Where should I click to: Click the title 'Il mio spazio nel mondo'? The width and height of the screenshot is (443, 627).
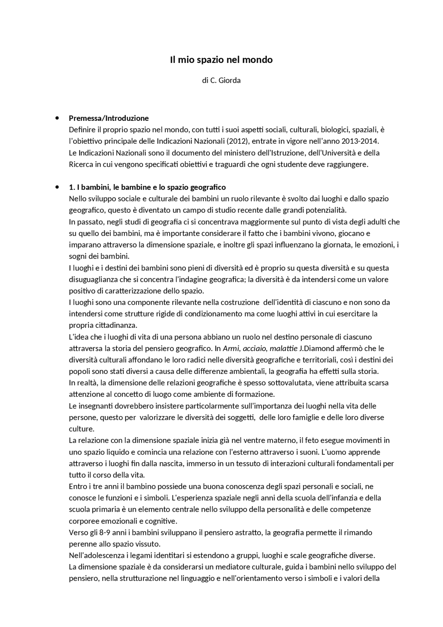click(x=221, y=60)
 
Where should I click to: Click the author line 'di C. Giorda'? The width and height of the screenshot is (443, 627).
click(x=221, y=80)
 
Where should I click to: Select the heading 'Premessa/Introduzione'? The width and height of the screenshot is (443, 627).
click(x=109, y=118)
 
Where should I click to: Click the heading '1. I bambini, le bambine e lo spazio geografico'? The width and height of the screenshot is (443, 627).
click(x=147, y=187)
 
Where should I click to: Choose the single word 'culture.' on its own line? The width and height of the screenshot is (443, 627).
click(x=81, y=429)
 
